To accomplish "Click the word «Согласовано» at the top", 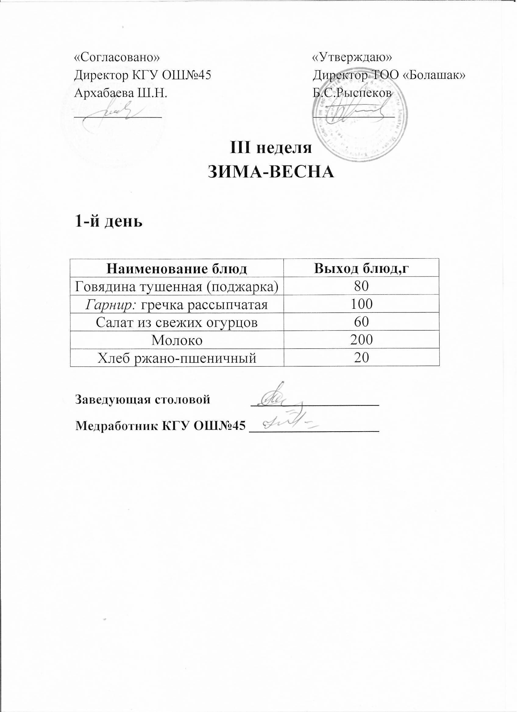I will [116, 58].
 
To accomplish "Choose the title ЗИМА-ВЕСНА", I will [271, 172].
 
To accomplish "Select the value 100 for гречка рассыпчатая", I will [361, 304].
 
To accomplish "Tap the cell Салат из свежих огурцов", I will [176, 322].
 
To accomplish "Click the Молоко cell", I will [176, 340].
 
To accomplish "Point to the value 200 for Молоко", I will [361, 340].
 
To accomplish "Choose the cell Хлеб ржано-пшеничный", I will [176, 358].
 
